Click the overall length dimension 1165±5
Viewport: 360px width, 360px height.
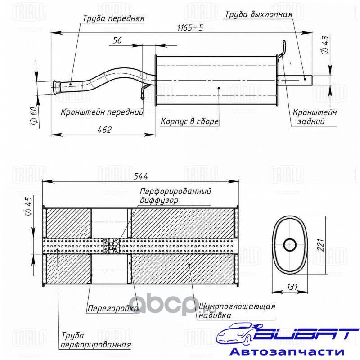[x=190, y=28]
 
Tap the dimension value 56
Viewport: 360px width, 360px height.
[x=117, y=40]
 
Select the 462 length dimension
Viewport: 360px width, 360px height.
[x=104, y=130]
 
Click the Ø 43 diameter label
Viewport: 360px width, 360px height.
[x=325, y=45]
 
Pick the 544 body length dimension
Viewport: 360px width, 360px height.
[x=141, y=176]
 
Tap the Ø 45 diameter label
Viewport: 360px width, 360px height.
[x=29, y=206]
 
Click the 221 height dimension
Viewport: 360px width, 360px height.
[x=320, y=245]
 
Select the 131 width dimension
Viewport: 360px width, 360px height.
[x=292, y=287]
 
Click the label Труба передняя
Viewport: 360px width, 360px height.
[x=113, y=18]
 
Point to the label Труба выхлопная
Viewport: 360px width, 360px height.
[x=258, y=14]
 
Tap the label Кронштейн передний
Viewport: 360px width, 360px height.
[x=102, y=112]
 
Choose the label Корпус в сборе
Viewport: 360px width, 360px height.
[x=189, y=121]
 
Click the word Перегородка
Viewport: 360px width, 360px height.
[x=113, y=308]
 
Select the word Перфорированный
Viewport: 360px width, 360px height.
[x=175, y=191]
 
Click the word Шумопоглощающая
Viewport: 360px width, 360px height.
[x=237, y=306]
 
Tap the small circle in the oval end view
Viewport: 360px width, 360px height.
[x=290, y=245]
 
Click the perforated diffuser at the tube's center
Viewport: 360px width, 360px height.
[x=112, y=246]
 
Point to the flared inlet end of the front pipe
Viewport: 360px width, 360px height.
[x=56, y=87]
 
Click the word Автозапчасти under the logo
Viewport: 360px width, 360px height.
[x=287, y=351]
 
